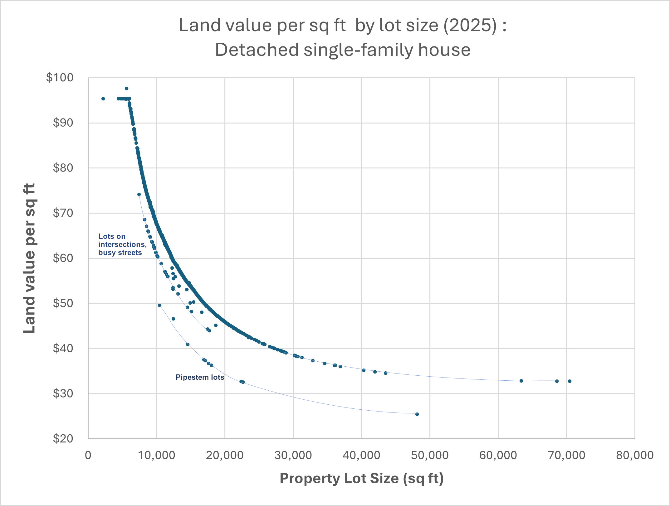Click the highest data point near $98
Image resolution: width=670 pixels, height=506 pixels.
tap(126, 89)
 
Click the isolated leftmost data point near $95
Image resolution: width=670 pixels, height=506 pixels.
tap(103, 99)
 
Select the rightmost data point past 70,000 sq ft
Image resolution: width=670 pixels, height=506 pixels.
tap(570, 381)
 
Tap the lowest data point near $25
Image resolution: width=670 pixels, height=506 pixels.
tap(417, 414)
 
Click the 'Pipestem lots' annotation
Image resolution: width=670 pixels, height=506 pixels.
tap(200, 377)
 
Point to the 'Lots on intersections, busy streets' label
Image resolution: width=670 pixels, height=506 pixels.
tap(122, 244)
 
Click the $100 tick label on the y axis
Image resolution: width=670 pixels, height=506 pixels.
tap(60, 78)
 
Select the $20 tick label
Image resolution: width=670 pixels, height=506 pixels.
tap(63, 439)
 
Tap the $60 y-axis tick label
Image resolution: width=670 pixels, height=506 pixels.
tap(63, 258)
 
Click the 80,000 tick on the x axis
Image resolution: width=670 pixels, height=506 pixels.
tap(634, 455)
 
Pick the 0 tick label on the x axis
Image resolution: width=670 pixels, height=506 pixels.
tap(88, 455)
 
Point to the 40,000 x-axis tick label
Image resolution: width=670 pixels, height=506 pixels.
tap(361, 455)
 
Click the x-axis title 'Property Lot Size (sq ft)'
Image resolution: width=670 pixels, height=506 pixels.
tap(361, 478)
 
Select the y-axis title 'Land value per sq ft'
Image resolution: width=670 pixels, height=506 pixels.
tap(30, 258)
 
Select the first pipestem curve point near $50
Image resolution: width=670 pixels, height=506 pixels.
tap(159, 305)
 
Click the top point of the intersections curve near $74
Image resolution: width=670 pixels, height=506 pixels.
tap(139, 194)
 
